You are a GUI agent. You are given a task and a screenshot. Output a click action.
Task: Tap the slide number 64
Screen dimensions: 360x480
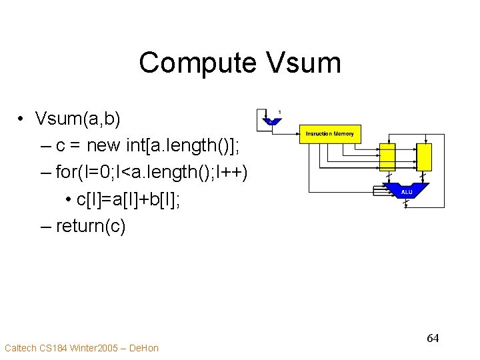point(433,339)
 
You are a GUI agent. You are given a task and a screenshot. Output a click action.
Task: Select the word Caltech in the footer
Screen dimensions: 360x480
point(21,348)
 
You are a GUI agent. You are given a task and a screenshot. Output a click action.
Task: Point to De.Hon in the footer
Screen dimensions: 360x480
point(143,348)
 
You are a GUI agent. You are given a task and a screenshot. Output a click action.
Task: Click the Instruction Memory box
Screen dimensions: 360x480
point(330,134)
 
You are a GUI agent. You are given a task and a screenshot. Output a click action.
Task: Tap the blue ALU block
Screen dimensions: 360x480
point(407,191)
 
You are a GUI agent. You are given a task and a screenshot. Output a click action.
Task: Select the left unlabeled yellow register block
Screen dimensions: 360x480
point(387,157)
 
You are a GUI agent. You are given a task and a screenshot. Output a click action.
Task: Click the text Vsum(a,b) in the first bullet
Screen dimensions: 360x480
point(78,119)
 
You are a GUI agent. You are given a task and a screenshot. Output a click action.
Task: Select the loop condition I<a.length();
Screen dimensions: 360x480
point(173,173)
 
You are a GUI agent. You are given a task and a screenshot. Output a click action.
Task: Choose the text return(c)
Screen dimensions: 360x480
point(90,226)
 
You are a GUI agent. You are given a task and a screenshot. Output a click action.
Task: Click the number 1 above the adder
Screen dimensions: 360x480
point(279,111)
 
